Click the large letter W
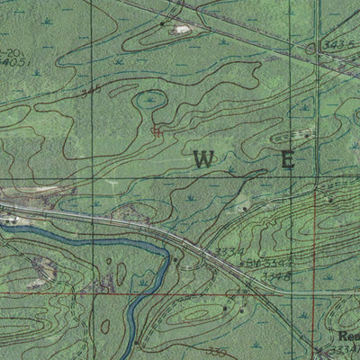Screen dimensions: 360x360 [203, 160]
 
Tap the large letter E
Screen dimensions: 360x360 [288, 161]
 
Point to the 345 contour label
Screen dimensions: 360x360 [90, 92]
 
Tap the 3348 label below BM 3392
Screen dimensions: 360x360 [275, 276]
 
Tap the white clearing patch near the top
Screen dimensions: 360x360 [183, 30]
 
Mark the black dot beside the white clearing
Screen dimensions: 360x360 [163, 23]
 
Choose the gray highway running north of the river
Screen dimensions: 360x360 [108, 220]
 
